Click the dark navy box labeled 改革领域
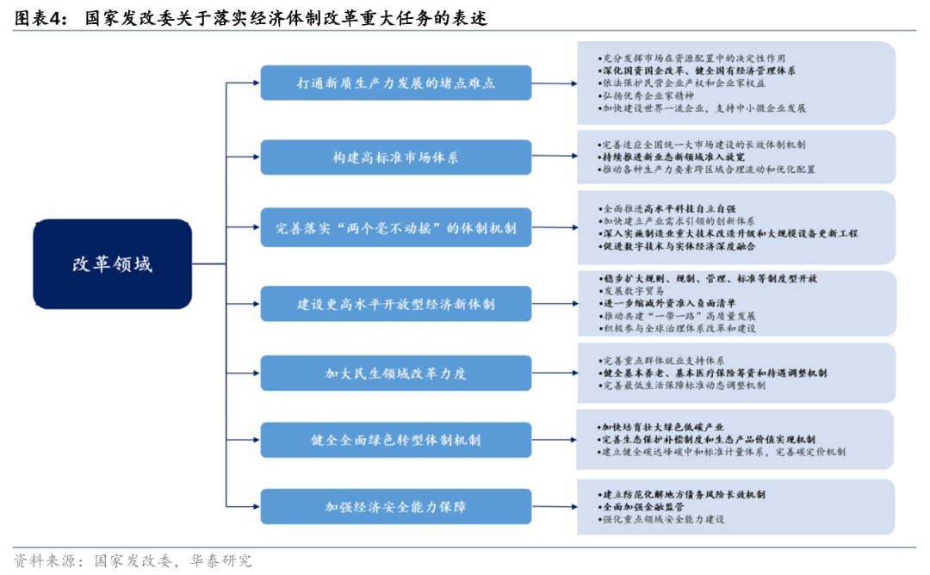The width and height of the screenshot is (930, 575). (x=112, y=264)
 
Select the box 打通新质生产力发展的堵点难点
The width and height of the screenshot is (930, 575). (x=395, y=83)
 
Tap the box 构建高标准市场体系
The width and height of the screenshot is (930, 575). (x=395, y=158)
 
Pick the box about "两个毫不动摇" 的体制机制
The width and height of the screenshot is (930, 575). (x=395, y=229)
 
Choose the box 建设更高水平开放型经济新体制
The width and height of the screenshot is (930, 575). (x=395, y=304)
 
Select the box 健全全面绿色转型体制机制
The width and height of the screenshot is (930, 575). (x=395, y=440)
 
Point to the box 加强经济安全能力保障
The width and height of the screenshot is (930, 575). (x=395, y=507)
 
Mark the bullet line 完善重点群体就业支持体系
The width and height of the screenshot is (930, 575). (x=663, y=360)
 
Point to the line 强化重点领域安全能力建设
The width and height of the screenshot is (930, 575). (x=663, y=520)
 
